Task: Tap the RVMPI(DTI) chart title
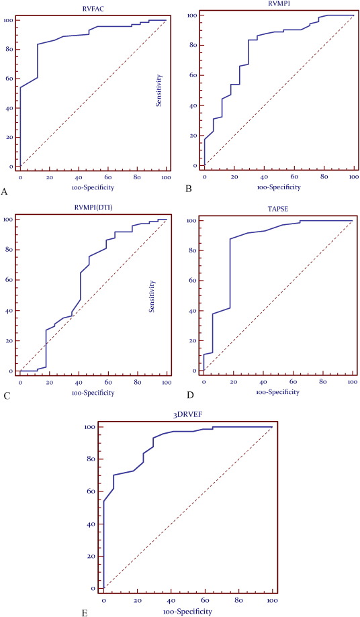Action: point(93,208)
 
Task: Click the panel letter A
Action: point(5,192)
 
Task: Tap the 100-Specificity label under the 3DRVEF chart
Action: point(187,610)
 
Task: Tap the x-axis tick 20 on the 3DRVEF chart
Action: point(137,599)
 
